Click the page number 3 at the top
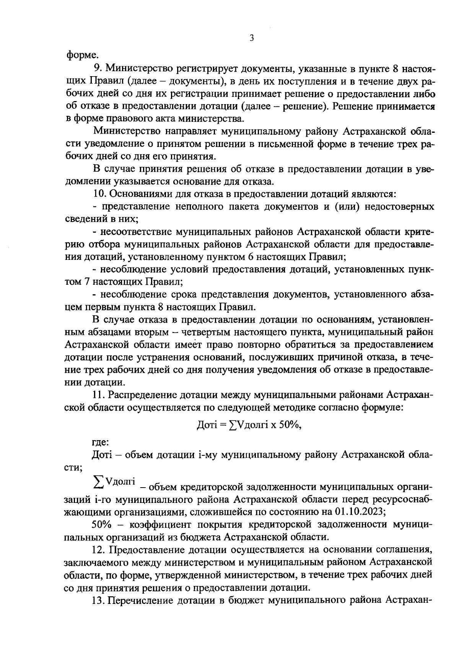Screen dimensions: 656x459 coord(251,38)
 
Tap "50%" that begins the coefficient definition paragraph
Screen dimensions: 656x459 coord(102,525)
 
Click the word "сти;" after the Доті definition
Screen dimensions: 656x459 coord(73,468)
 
